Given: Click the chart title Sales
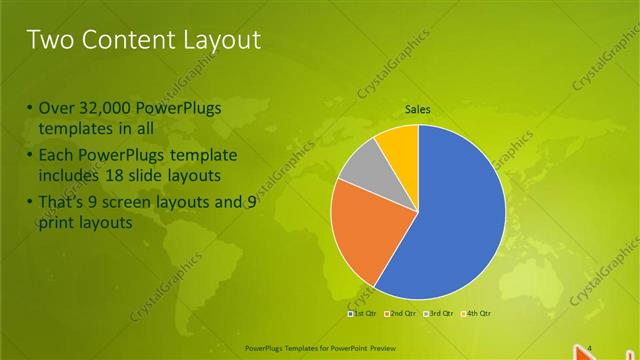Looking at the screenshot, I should click(417, 109).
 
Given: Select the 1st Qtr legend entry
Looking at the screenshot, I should click(362, 313).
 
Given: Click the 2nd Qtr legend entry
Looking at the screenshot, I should click(401, 313).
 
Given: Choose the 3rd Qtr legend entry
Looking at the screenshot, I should click(439, 313).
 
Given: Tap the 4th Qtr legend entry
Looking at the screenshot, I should click(476, 313).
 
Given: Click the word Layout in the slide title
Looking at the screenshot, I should click(220, 40).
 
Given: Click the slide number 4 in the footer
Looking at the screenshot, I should click(589, 347).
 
